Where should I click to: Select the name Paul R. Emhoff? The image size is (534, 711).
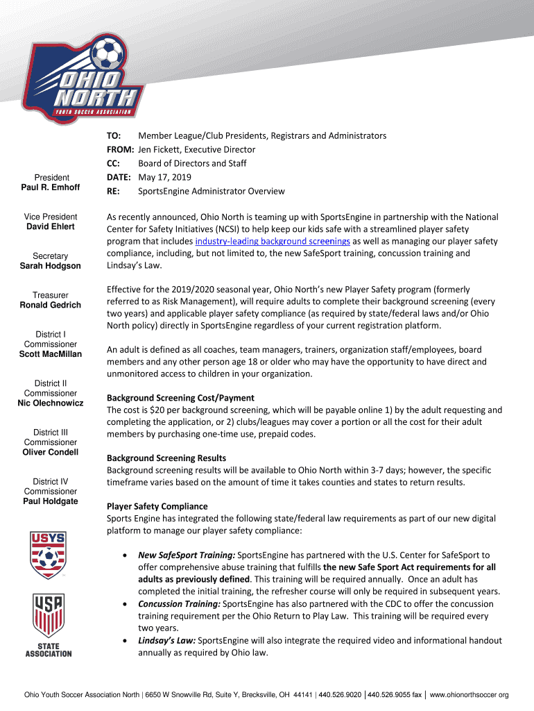pos(51,187)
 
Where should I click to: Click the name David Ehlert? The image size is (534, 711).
pos(51,226)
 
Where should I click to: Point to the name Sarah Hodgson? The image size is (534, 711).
pos(51,266)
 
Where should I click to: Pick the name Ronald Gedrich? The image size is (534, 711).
pos(51,305)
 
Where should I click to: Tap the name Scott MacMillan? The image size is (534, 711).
pos(51,354)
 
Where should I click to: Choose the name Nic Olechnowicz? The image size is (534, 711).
pos(51,403)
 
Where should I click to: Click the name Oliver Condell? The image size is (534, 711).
pos(51,452)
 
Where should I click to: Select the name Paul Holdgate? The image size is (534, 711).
pos(51,501)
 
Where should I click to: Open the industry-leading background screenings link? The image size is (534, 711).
pos(273,241)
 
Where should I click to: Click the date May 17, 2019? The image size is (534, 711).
pos(164,177)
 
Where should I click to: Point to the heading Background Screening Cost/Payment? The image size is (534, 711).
pos(180,398)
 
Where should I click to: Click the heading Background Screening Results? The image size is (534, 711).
pos(166,458)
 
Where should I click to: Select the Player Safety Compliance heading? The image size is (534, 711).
pos(157,506)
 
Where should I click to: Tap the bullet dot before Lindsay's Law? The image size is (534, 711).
pos(123,641)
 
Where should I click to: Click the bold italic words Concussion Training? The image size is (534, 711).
pos(179,604)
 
